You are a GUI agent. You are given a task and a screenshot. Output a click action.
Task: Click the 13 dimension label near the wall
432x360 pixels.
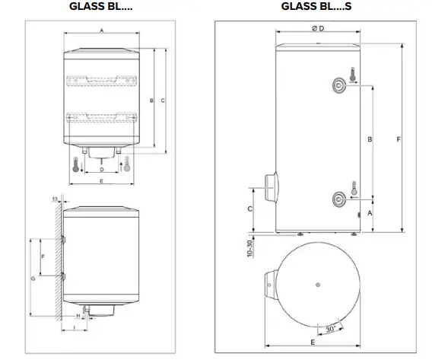54,199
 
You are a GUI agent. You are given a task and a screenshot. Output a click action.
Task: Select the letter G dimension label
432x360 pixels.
32,280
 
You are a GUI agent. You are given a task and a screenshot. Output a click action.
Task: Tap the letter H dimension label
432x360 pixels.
78,316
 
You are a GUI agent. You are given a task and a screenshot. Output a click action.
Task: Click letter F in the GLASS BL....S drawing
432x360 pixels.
401,139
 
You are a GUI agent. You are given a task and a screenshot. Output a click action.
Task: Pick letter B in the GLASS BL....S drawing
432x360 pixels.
370,139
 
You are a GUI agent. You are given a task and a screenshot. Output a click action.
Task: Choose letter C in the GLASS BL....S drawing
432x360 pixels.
250,208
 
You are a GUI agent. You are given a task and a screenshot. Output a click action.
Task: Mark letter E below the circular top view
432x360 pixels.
313,342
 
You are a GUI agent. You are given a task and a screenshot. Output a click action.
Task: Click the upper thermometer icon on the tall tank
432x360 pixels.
354,75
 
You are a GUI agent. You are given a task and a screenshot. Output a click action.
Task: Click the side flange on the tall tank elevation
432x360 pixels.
269,186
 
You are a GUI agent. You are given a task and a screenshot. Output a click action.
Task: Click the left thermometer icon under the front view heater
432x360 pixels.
77,164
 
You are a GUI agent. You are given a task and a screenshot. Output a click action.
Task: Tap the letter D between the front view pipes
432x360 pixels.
101,169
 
